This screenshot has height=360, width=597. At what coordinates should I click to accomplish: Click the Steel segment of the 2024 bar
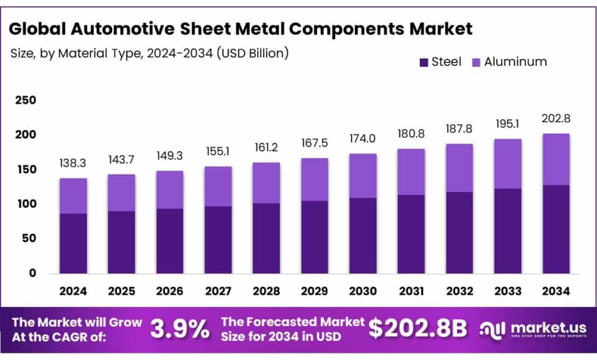coord(73,243)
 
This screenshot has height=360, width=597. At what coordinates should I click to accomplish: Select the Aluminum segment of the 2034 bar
coord(556,159)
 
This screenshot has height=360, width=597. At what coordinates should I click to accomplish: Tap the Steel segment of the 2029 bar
coord(314,237)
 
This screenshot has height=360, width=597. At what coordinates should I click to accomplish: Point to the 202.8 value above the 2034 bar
coord(556,118)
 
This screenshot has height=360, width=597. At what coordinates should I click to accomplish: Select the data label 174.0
coord(363,139)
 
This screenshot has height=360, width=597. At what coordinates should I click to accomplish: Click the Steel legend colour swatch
coord(424,62)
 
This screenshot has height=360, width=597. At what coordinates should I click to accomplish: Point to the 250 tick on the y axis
coord(25,100)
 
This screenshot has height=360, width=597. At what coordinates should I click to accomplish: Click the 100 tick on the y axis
coord(25,204)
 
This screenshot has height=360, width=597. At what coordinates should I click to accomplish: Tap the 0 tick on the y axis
coord(32,273)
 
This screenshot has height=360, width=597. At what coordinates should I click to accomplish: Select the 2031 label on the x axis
coord(411,290)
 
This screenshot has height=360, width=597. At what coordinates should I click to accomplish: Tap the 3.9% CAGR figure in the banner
coord(180,329)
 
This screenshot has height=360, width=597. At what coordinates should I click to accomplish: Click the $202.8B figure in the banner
coord(417,329)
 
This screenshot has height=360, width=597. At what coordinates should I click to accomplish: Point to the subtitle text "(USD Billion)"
coord(252,53)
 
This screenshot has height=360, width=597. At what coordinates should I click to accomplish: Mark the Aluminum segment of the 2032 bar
coord(459,168)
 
